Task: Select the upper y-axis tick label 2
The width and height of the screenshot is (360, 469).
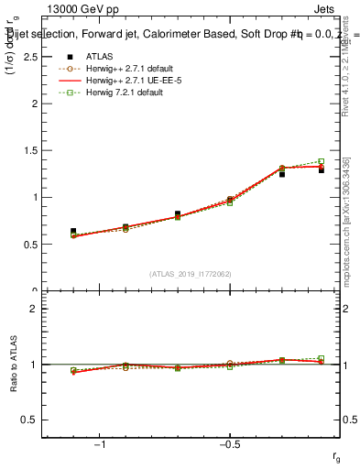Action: pyautogui.click(x=34, y=104)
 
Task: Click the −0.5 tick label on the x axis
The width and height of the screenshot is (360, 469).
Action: pyautogui.click(x=229, y=445)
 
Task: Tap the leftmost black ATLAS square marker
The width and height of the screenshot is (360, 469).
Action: pyautogui.click(x=73, y=232)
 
